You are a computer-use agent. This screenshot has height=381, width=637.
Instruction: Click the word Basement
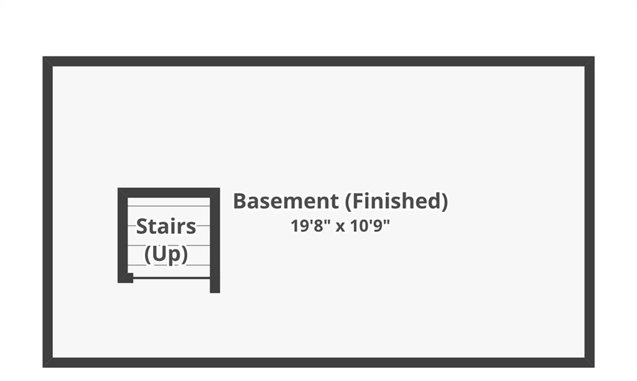(286, 201)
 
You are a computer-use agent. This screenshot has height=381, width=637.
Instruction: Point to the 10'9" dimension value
(370, 226)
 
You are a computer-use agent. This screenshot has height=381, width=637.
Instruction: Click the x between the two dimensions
(340, 227)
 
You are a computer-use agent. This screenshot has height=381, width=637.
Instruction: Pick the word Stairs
(165, 226)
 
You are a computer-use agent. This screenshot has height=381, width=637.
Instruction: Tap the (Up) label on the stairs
(165, 254)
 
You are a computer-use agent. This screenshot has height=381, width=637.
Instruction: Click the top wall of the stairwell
(169, 193)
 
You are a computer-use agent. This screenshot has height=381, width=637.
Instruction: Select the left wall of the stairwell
(123, 236)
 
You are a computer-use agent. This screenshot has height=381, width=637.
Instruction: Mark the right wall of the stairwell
(215, 240)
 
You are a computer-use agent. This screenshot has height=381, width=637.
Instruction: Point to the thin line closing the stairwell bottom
(172, 278)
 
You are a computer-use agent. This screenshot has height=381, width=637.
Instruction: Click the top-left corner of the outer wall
(43, 57)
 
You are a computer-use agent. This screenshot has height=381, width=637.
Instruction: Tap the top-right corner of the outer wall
(594, 57)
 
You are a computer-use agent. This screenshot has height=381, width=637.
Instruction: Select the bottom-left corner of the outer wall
(43, 367)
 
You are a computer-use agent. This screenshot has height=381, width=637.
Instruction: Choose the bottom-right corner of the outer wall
(594, 367)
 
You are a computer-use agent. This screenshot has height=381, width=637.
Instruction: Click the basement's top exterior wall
(318, 62)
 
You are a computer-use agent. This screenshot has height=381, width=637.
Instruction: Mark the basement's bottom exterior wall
(318, 362)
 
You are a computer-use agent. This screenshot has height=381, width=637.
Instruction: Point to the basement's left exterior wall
(48, 212)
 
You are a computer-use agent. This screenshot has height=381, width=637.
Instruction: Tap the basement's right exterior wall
(589, 212)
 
